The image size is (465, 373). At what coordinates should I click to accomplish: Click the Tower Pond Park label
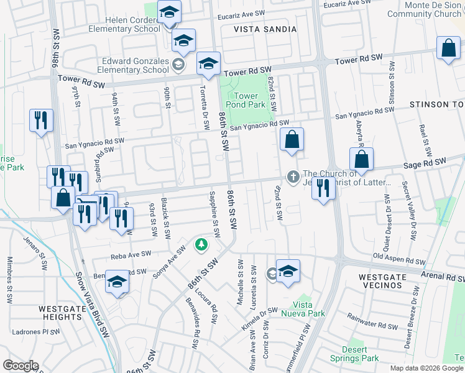coord(246,101)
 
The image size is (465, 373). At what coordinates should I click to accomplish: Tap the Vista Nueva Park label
coord(310,309)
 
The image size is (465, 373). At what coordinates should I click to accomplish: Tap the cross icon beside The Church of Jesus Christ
coord(293,177)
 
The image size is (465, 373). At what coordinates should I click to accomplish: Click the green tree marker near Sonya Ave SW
coord(201,244)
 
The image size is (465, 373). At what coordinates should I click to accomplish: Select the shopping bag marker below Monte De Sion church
coord(448,49)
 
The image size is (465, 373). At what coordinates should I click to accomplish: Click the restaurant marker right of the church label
coord(322,187)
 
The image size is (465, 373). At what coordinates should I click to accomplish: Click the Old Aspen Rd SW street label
coord(399,259)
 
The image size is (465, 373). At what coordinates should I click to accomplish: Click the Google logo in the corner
coord(21,366)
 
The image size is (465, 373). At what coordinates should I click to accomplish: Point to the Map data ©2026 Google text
coord(426,368)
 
